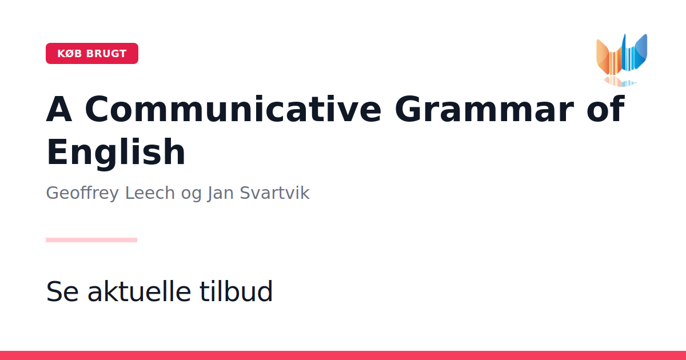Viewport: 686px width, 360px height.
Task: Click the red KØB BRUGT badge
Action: coord(92,54)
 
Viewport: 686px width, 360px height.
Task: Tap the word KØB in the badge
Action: coord(70,54)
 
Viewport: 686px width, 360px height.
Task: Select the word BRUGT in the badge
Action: coord(106,54)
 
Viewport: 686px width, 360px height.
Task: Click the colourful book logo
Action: coord(622,60)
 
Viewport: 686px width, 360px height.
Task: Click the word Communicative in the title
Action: coord(233,109)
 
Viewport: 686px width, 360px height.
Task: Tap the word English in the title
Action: coord(115,152)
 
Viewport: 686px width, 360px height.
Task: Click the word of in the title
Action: coord(605,109)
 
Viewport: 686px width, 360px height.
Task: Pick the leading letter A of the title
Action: coord(59,109)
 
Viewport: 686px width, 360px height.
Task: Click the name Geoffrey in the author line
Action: coord(82,193)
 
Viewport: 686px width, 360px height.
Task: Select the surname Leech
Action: coord(150,193)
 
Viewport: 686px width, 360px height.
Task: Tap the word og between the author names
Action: coord(192,195)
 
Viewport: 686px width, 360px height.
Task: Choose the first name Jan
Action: coord(220,194)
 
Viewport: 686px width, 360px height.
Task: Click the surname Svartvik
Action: coord(274,193)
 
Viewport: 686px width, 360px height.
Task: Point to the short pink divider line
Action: coord(91,240)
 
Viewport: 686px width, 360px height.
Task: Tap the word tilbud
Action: coord(236,291)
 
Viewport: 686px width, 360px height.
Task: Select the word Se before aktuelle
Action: coord(62,291)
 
